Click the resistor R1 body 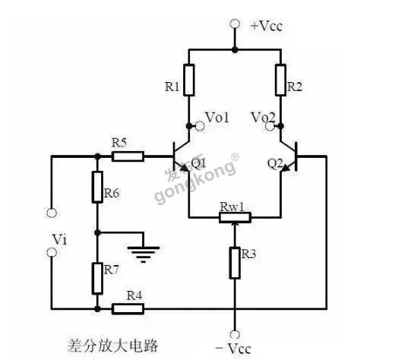[189, 81]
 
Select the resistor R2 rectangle [281, 81]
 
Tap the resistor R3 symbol [235, 263]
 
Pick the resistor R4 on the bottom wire [128, 309]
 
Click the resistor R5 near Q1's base [128, 156]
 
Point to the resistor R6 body [97, 187]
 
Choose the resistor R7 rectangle [97, 278]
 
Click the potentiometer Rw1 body [235, 217]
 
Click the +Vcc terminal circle [235, 24]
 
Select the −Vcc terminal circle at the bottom [235, 334]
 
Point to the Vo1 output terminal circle [200, 126]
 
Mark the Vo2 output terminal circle [270, 126]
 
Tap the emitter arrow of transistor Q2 [286, 167]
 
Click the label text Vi [59, 239]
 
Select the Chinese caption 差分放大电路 [112, 346]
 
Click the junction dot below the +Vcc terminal [235, 49]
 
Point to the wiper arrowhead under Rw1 [235, 225]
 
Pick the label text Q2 [275, 164]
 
